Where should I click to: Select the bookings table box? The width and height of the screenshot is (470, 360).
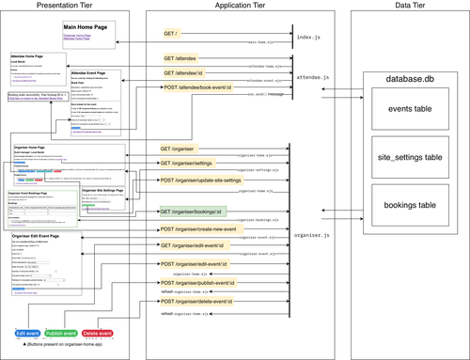(409, 204)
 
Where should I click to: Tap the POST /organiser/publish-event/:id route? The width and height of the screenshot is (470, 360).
(201, 282)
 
